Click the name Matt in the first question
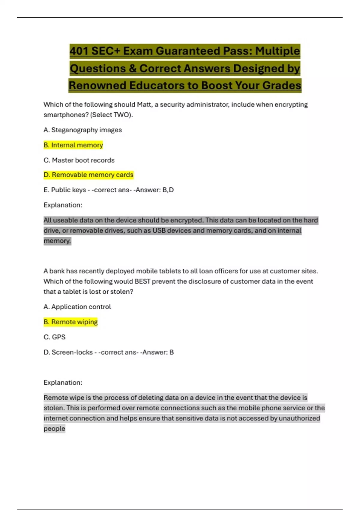pos(144,104)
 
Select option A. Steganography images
pos(82,130)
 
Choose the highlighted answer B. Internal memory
pos(73,145)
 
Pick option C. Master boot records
pos(79,160)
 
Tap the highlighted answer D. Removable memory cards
pos(88,175)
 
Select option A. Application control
pos(77,307)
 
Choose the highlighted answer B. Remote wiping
pos(70,322)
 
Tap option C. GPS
pos(54,337)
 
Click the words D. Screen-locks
pos(68,352)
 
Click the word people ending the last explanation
pos(54,429)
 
